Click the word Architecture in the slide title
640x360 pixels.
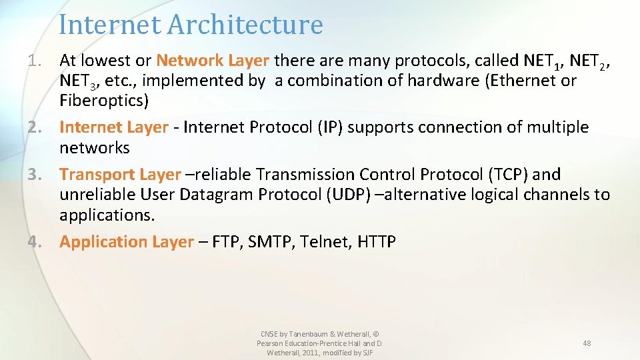245,25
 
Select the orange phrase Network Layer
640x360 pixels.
212,61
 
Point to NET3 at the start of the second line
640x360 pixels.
77,82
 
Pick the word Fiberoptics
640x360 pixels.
104,101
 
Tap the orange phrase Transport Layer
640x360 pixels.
120,174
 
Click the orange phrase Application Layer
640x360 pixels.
126,241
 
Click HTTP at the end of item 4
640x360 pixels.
376,241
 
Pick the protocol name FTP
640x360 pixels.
226,241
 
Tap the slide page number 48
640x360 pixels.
587,343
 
